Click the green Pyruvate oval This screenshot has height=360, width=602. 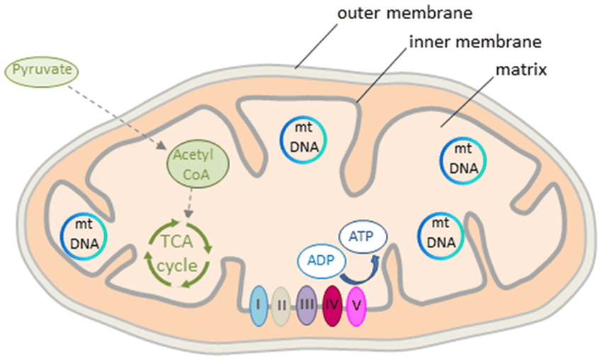point(41,72)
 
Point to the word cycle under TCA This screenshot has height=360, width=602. point(177,268)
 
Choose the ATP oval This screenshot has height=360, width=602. point(361,235)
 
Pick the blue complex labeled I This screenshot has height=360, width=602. point(259,305)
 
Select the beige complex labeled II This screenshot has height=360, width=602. point(282,305)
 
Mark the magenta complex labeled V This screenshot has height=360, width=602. point(356,305)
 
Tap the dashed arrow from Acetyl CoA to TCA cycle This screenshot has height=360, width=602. point(188,204)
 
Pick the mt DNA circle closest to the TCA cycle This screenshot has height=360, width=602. point(84,237)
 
